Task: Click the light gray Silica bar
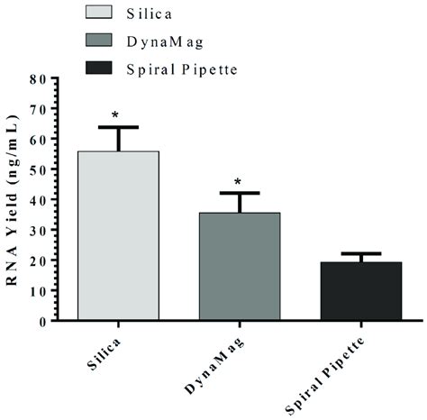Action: (x=118, y=234)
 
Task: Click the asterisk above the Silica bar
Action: (x=116, y=115)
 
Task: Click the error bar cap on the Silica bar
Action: (x=118, y=127)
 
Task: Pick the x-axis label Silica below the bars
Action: (x=101, y=355)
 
